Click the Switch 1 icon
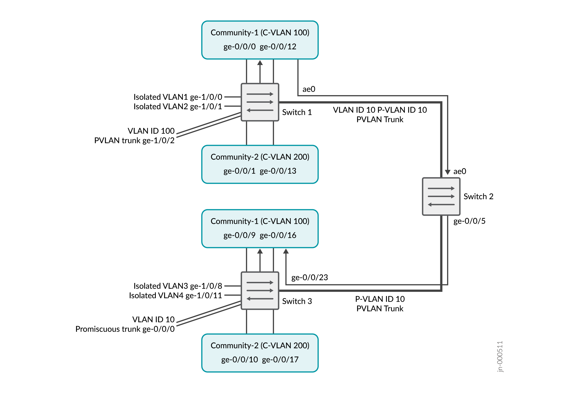click(260, 102)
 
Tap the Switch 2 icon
click(441, 196)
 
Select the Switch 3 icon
click(260, 291)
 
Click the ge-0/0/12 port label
click(278, 47)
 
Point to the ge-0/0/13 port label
click(278, 171)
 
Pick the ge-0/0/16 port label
click(278, 235)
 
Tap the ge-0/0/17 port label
click(280, 360)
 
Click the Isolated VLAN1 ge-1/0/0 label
click(178, 97)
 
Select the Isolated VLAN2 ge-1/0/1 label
click(178, 107)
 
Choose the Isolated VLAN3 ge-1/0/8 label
click(178, 286)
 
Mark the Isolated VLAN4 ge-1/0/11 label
click(176, 295)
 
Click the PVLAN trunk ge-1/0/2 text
click(134, 140)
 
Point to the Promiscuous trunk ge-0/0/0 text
click(125, 329)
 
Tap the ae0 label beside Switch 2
click(460, 171)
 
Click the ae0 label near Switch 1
click(309, 89)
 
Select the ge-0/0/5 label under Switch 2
click(470, 221)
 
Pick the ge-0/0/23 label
click(310, 278)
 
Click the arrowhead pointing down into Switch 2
click(448, 172)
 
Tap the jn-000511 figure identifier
click(500, 356)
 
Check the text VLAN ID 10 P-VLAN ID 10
click(380, 110)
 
